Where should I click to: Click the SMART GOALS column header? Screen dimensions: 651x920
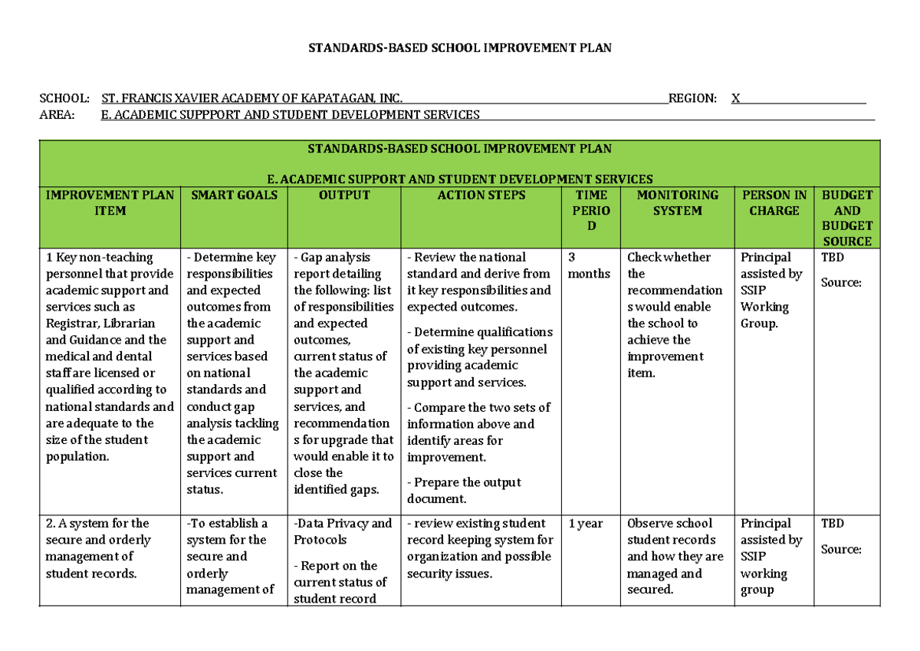pyautogui.click(x=234, y=196)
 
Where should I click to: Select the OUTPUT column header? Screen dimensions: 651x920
pyautogui.click(x=344, y=196)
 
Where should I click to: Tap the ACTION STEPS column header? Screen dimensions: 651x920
pyautogui.click(x=481, y=196)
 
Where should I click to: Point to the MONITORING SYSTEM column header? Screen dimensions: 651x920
pyautogui.click(x=677, y=203)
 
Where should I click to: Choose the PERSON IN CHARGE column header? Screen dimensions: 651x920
pyautogui.click(x=774, y=203)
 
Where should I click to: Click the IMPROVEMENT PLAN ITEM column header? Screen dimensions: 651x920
pyautogui.click(x=110, y=203)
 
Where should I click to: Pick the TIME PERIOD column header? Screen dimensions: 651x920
pyautogui.click(x=591, y=210)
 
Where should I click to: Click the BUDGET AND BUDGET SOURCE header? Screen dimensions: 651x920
pyautogui.click(x=847, y=218)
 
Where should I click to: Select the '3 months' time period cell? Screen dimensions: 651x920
pyautogui.click(x=590, y=265)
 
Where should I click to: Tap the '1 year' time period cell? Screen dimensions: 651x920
pyautogui.click(x=586, y=524)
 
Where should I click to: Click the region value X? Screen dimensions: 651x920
pyautogui.click(x=736, y=98)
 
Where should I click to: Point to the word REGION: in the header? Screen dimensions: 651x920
pyautogui.click(x=692, y=98)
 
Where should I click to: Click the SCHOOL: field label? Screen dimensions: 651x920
pyautogui.click(x=64, y=98)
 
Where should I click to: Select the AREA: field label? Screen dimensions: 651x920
pyautogui.click(x=58, y=115)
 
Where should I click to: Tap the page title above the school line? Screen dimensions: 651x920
pyautogui.click(x=460, y=48)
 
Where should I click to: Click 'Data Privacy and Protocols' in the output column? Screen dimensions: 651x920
pyautogui.click(x=342, y=531)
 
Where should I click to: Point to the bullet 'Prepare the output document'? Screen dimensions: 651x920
pyautogui.click(x=464, y=490)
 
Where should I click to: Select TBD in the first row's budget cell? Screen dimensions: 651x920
pyautogui.click(x=833, y=258)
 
